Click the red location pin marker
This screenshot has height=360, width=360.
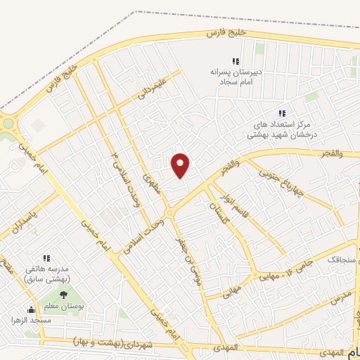click(x=181, y=165)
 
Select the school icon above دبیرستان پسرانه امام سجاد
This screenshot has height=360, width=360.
click(x=236, y=61)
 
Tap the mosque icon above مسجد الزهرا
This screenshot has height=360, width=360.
click(x=31, y=309)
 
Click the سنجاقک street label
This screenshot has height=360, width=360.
click(x=342, y=259)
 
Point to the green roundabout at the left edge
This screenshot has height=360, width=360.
click(x=8, y=124)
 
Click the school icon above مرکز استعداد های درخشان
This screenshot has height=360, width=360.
click(x=282, y=112)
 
